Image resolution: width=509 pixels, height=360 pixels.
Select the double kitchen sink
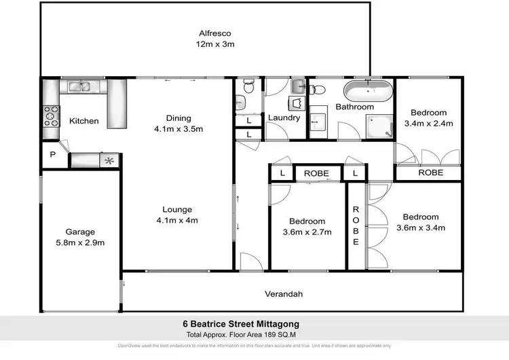point(81,87)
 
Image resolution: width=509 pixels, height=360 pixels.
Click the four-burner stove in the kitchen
point(51,116)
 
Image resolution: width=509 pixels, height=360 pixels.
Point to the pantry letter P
point(52,155)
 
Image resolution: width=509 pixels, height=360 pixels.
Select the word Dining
point(178,118)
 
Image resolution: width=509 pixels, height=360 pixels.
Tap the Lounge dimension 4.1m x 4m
point(177,220)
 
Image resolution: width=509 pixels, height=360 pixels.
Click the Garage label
point(80,231)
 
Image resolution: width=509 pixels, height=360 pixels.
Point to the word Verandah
point(283,294)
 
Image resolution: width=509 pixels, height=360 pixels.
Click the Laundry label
point(284,118)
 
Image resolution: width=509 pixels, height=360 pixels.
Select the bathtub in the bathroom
point(366,91)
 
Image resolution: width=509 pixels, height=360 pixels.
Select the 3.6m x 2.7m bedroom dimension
point(307,232)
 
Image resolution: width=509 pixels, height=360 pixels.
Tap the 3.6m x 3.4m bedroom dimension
point(420,228)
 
